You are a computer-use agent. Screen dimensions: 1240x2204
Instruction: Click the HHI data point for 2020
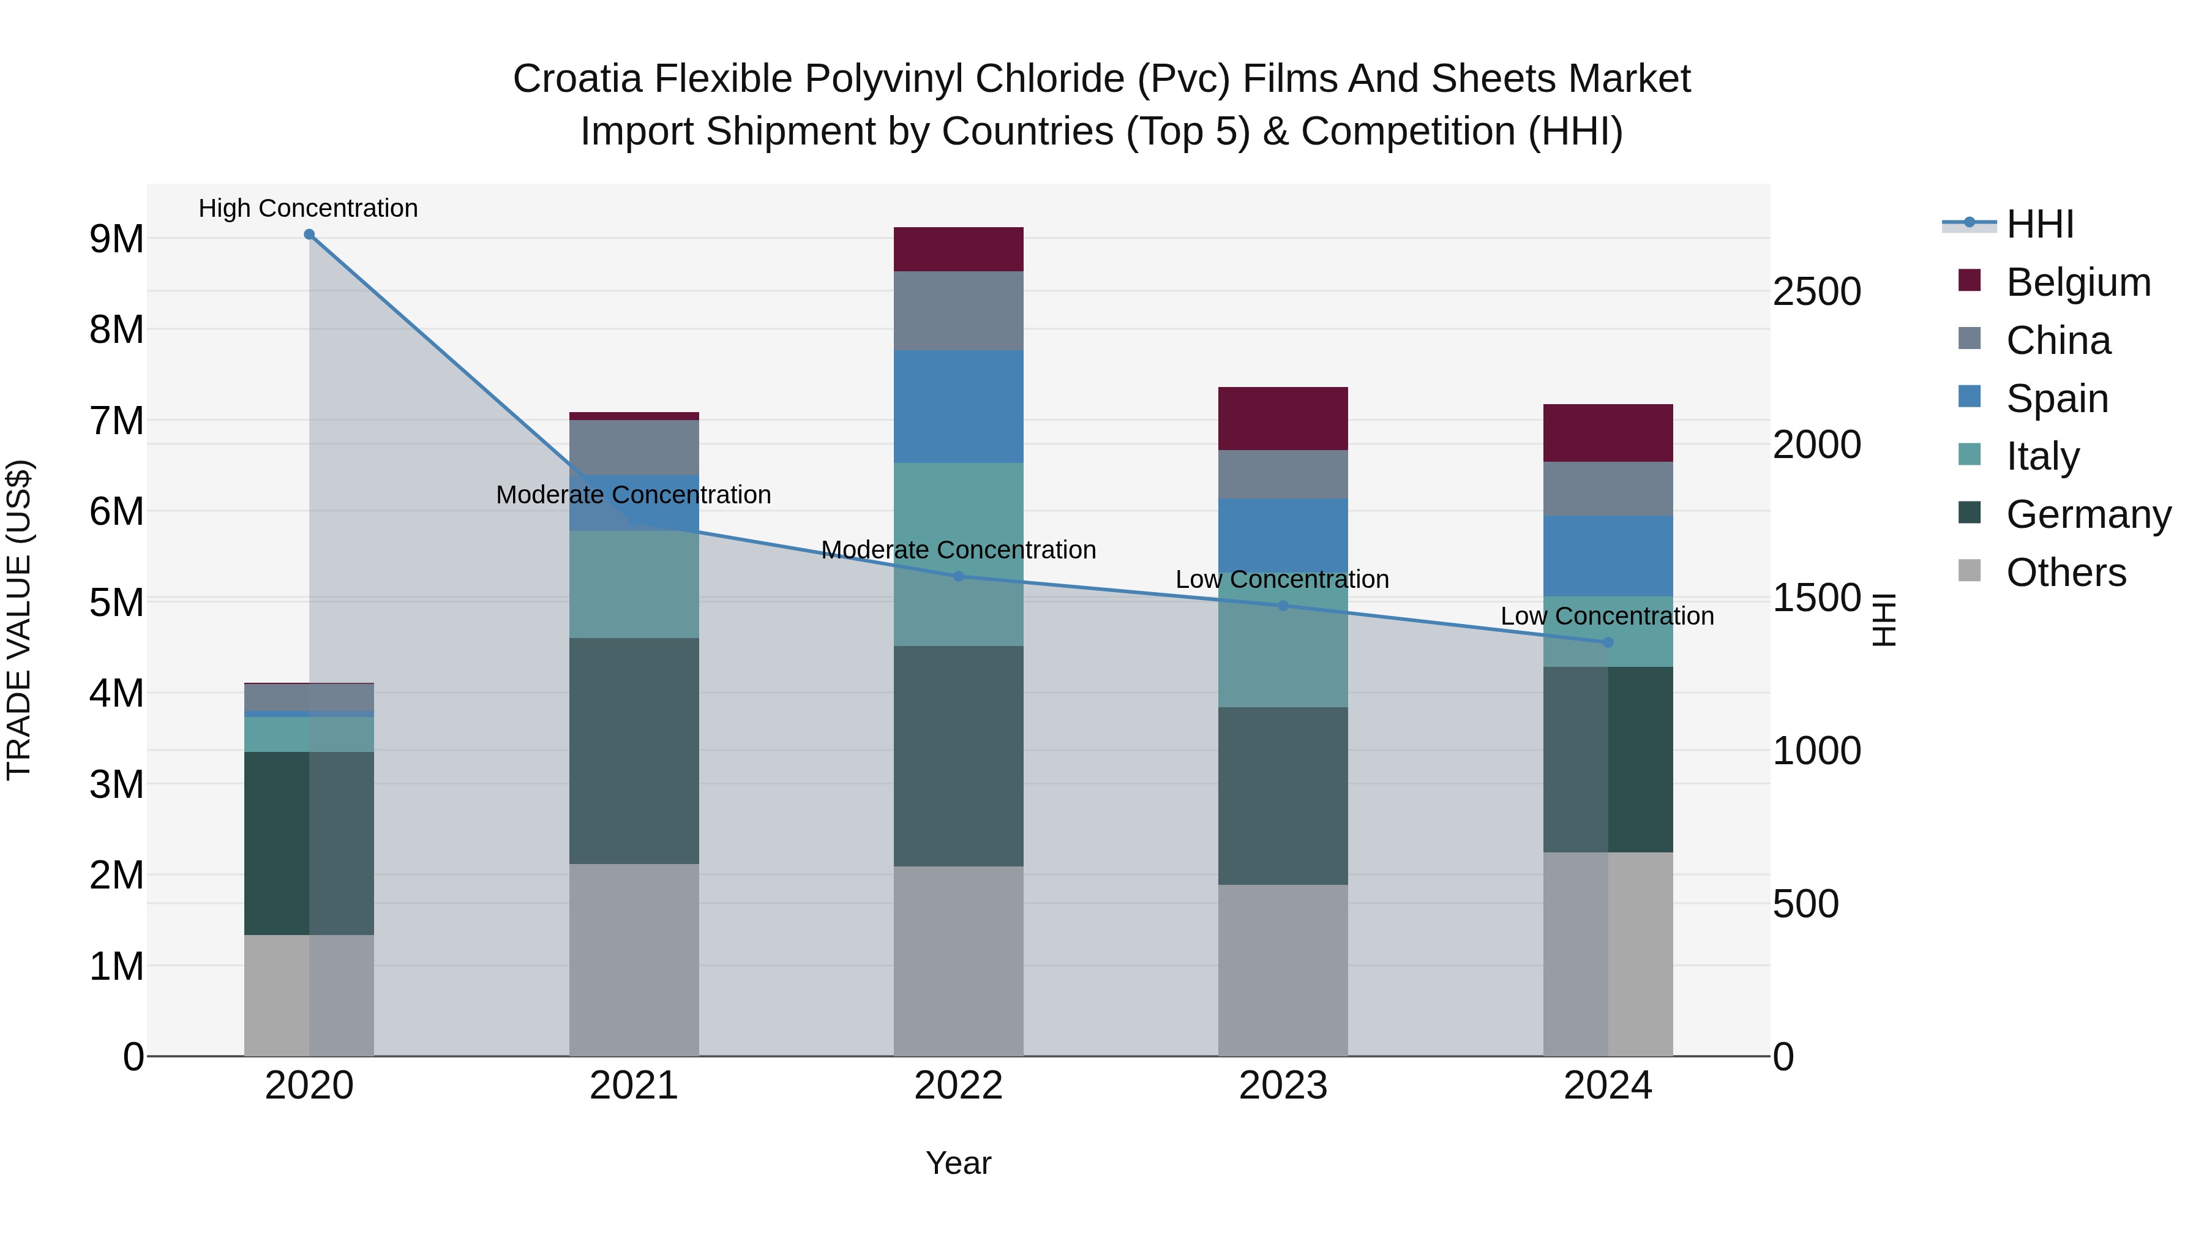[x=309, y=235]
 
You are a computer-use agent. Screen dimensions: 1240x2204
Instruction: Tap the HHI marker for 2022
[x=958, y=577]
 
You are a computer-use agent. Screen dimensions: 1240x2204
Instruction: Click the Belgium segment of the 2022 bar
[x=958, y=249]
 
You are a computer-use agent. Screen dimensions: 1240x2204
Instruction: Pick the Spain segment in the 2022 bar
[x=958, y=407]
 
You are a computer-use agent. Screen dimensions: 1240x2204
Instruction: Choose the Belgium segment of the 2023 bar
[x=1283, y=418]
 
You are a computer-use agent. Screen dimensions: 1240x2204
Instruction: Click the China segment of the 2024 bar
[x=1608, y=489]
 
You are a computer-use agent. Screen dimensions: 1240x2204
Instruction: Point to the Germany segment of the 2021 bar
[x=634, y=751]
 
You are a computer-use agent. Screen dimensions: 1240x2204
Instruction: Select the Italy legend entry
[x=2042, y=456]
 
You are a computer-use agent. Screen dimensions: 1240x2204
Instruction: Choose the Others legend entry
[x=2066, y=573]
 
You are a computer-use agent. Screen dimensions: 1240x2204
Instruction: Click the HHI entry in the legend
[x=2040, y=224]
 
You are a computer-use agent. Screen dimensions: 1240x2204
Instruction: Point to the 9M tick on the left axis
[x=117, y=239]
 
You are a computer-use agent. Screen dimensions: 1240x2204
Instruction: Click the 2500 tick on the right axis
[x=1816, y=292]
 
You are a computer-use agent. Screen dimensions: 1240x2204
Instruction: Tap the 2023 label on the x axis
[x=1283, y=1086]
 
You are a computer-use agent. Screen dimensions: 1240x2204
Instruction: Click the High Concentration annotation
[x=308, y=208]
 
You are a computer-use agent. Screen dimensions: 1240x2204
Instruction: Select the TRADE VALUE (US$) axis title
[x=19, y=620]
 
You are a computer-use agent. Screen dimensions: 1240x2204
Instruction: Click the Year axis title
[x=958, y=1163]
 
